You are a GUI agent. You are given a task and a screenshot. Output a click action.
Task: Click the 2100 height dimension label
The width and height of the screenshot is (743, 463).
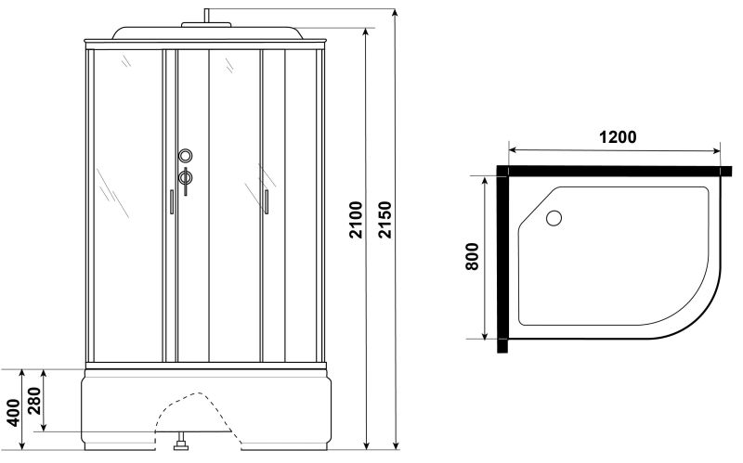pos(356,220)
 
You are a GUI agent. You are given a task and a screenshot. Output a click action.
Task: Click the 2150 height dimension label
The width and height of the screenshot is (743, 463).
pos(385,220)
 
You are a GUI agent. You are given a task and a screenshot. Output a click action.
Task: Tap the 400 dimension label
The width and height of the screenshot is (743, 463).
pos(14,413)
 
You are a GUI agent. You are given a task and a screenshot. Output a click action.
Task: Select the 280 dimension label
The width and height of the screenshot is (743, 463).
pos(34,401)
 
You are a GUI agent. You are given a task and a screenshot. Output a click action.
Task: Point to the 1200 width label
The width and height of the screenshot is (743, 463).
pos(618,136)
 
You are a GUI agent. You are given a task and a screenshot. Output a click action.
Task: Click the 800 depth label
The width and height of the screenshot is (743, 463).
pos(472,257)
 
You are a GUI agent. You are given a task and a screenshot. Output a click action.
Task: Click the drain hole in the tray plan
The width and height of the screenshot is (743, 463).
pos(554,218)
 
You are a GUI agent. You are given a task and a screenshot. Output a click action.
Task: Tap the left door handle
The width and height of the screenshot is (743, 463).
pos(172,202)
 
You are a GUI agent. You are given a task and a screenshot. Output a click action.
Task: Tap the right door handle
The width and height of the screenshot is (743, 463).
pos(267,202)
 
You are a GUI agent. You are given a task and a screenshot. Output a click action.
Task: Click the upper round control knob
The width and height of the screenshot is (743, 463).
pos(185,155)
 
